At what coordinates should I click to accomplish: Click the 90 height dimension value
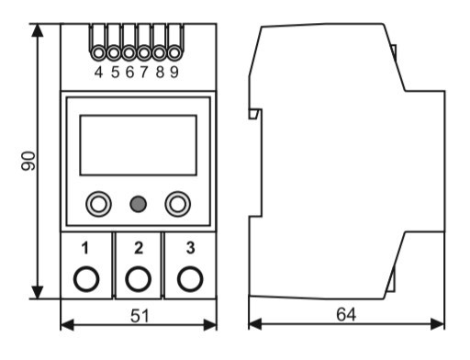coord(28,161)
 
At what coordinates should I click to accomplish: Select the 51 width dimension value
coord(140,316)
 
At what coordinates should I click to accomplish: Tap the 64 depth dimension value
coord(346,314)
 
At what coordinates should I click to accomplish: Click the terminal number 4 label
coord(98,73)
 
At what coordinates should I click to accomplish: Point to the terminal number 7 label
coord(144,73)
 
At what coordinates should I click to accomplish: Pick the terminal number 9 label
coord(173,73)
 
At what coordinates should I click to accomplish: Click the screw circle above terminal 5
coord(114,53)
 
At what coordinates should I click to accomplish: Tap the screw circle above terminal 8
coord(159,53)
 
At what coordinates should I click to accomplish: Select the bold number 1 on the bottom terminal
coord(85,248)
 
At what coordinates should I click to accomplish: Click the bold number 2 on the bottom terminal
coord(139,248)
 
